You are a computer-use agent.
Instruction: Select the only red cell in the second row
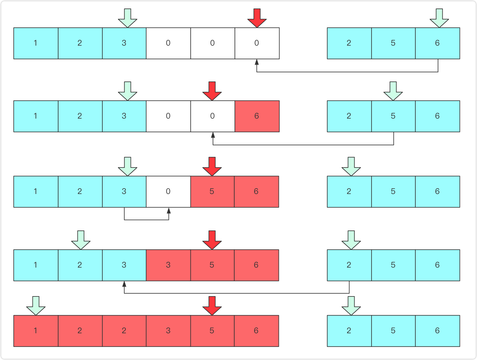(257, 116)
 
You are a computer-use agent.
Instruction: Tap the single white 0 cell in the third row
(168, 192)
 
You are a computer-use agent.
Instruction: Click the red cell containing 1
(36, 331)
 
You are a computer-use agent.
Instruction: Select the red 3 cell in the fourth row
(168, 265)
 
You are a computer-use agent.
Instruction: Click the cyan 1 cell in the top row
(36, 43)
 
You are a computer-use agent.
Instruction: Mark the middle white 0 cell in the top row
(212, 43)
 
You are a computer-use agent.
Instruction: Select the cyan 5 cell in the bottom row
(393, 331)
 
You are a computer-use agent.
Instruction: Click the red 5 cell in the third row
(212, 192)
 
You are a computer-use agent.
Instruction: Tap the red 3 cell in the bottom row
(168, 331)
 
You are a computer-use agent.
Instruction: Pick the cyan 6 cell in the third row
(438, 192)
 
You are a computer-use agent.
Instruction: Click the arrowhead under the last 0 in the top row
(257, 62)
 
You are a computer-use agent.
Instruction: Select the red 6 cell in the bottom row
(256, 331)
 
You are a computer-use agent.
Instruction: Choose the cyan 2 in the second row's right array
(349, 116)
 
